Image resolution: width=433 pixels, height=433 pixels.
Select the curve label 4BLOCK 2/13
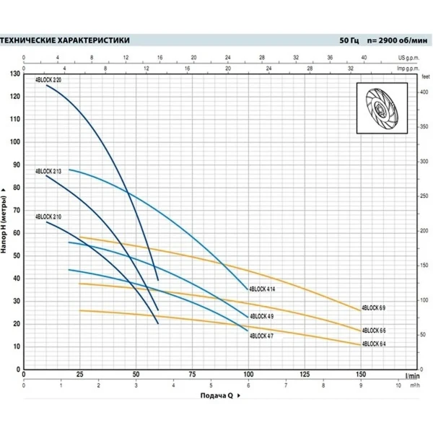pos(48,171)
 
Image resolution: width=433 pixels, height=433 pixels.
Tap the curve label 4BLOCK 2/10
pos(48,216)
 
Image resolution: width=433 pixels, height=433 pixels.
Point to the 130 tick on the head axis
pos(15,74)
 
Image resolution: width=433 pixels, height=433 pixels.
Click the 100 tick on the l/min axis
pos(248,375)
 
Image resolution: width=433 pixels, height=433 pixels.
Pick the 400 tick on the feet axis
pos(425,92)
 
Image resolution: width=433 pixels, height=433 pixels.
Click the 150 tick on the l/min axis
pos(361,375)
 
